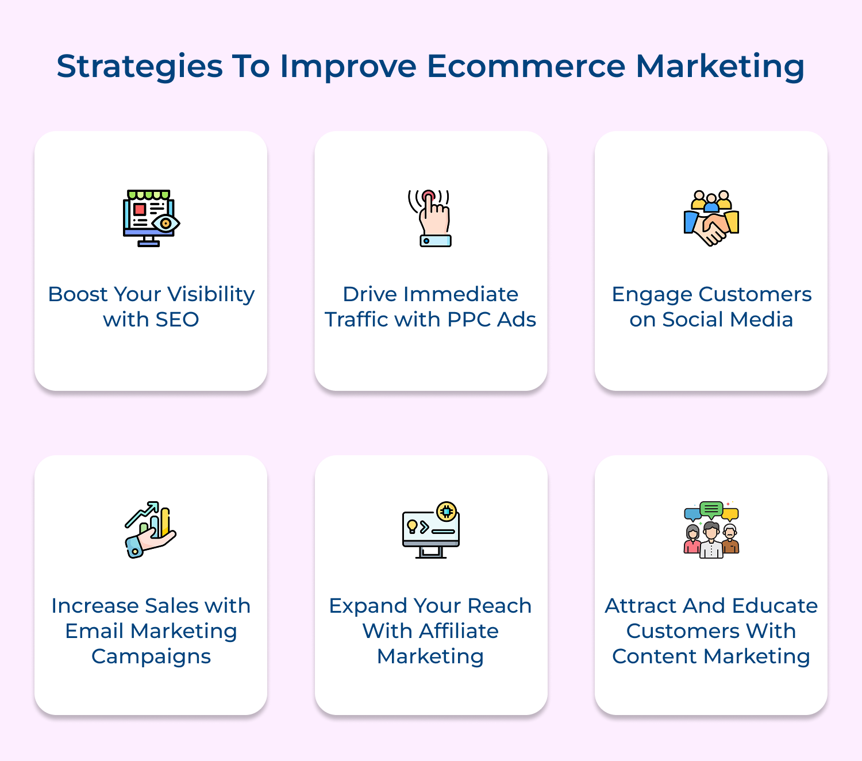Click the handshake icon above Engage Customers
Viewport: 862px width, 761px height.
711,218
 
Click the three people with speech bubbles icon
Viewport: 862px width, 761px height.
711,530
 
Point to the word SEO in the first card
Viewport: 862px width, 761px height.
176,320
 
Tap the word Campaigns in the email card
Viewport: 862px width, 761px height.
151,657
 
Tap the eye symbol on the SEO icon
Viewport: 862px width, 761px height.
166,223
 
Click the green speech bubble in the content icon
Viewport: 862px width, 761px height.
711,509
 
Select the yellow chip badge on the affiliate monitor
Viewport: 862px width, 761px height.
447,511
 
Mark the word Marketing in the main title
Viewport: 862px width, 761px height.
719,66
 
